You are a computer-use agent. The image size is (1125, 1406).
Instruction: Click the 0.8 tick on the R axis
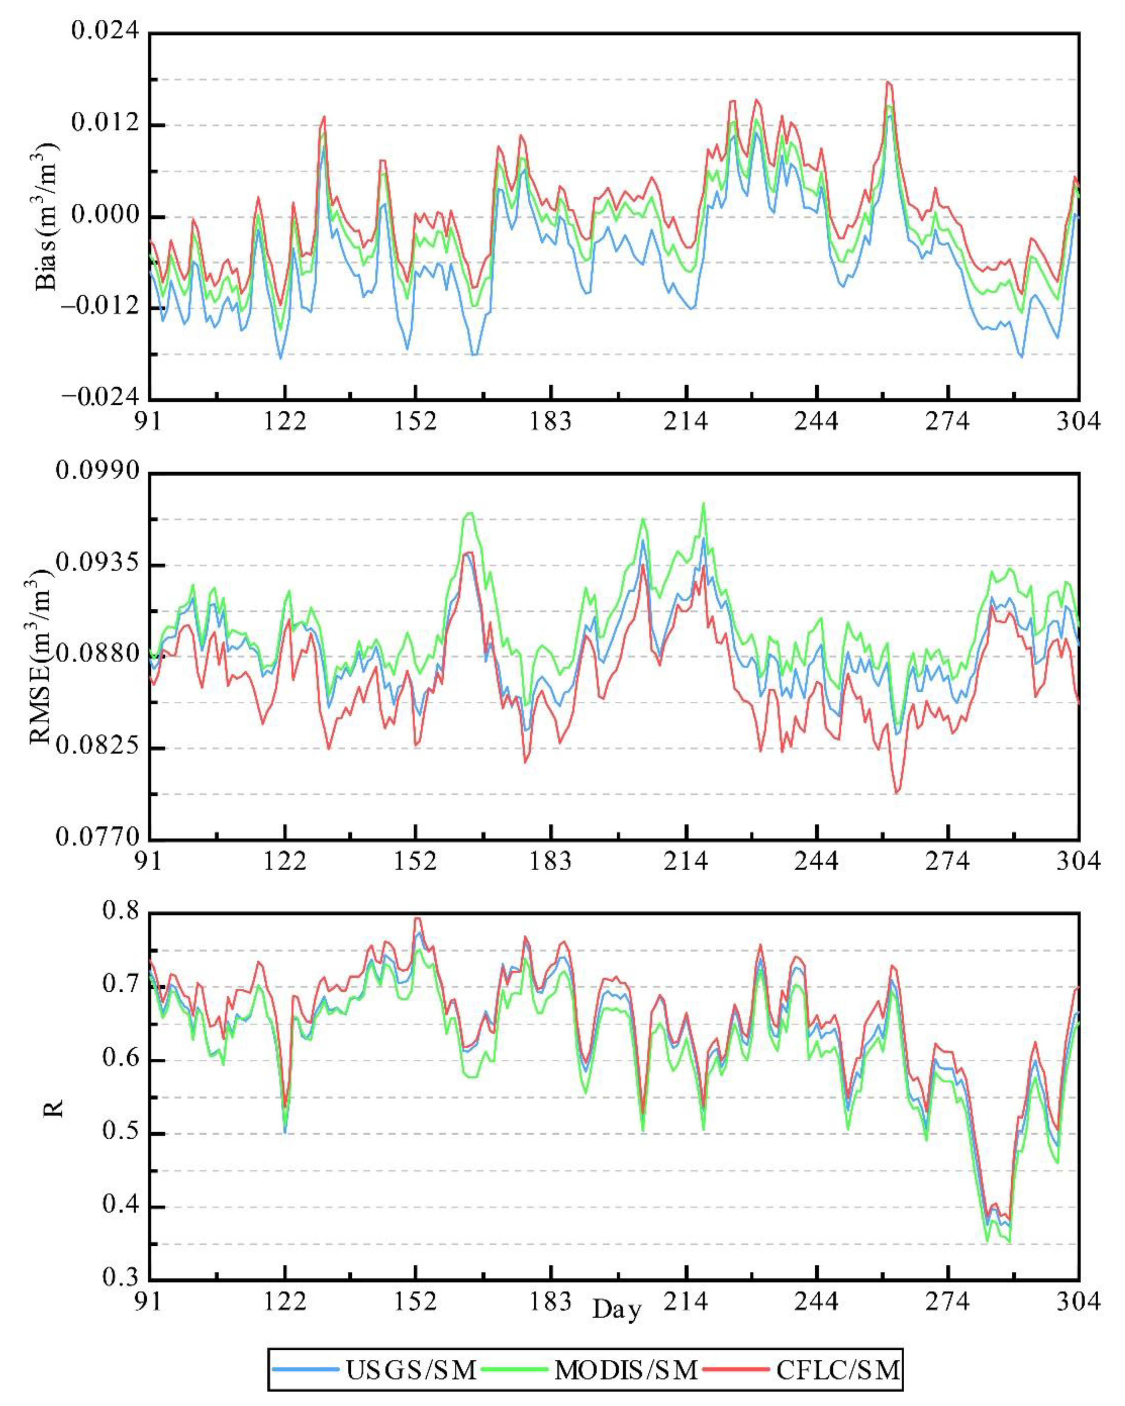(x=121, y=911)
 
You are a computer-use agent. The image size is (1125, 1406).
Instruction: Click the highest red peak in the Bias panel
(x=888, y=82)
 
